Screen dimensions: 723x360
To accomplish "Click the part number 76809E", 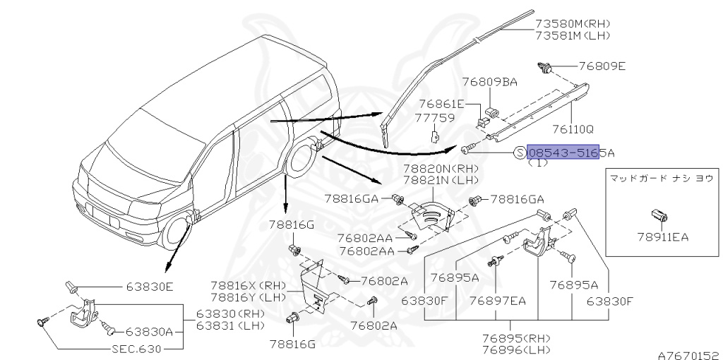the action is click(x=602, y=67).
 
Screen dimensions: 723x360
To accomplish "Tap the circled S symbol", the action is click(x=520, y=153).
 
